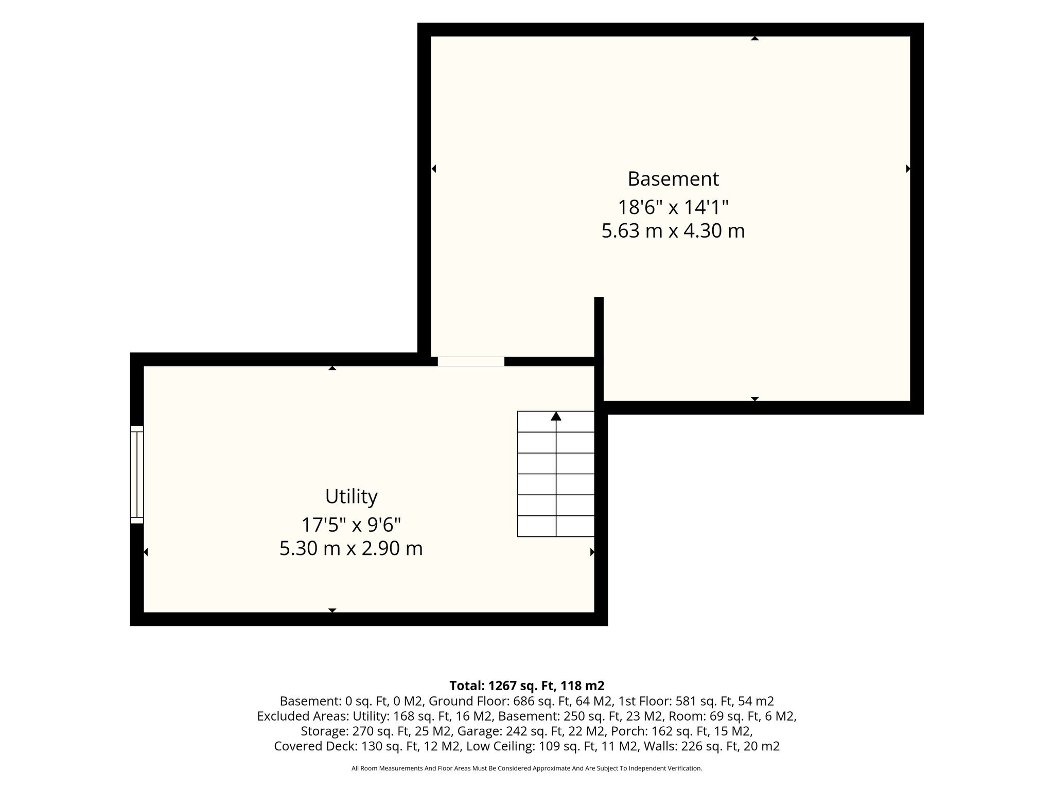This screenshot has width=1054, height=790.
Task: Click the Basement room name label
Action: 673,179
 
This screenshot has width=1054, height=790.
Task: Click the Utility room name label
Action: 352,497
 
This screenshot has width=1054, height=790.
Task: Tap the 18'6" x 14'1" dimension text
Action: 673,207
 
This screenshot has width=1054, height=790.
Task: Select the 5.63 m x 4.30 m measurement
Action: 673,231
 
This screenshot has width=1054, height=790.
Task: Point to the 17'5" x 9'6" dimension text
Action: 351,525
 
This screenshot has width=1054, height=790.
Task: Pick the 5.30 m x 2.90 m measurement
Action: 351,549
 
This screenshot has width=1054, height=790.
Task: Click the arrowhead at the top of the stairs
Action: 556,416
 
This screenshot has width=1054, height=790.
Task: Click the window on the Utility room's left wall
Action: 137,474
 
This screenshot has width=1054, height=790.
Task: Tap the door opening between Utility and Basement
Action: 471,362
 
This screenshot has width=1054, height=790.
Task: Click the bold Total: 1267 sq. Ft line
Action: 527,686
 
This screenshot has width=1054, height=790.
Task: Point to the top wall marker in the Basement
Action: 755,38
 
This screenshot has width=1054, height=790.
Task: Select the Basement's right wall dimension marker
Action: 908,169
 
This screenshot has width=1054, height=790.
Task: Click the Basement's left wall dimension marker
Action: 433,169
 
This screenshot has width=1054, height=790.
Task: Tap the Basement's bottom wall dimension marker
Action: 755,399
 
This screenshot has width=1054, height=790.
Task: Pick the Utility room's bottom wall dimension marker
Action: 332,611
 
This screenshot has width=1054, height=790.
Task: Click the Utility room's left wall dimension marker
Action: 146,552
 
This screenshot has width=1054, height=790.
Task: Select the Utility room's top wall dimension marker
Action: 332,368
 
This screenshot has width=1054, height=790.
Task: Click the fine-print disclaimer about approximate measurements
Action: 527,768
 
